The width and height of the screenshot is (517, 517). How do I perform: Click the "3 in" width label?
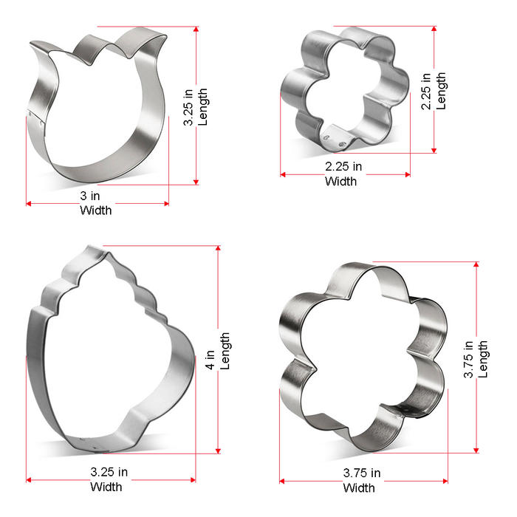[x=90, y=196]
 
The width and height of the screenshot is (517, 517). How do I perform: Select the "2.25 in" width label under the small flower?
[x=343, y=166]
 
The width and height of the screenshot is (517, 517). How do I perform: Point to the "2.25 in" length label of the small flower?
[x=426, y=91]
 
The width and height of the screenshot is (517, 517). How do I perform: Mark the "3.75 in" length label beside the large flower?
[x=468, y=360]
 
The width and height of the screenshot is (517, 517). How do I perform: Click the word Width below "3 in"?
[x=96, y=210]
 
